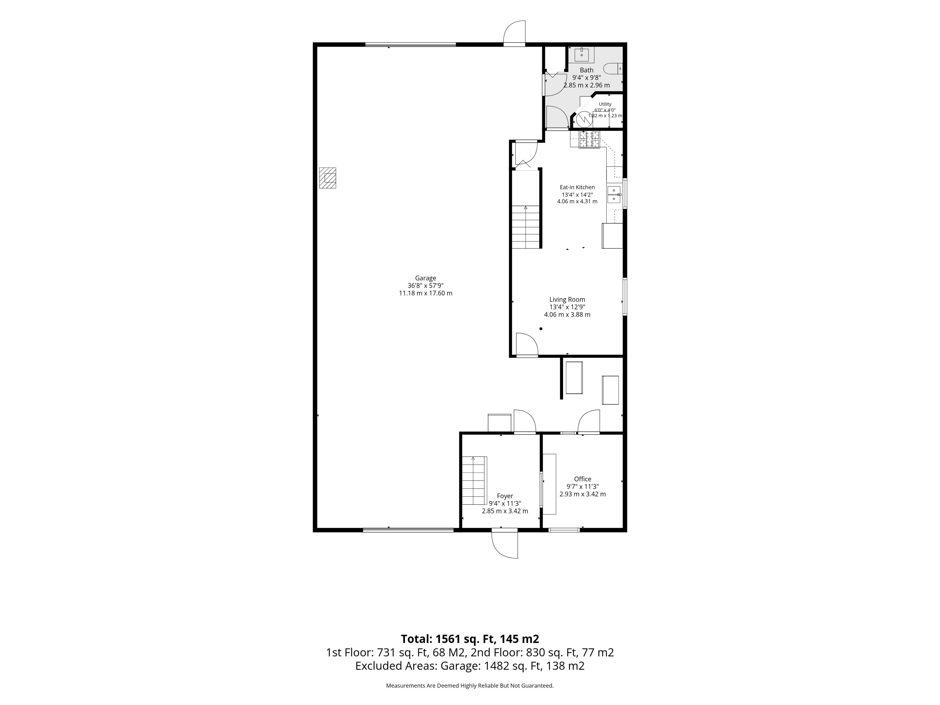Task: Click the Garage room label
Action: (425, 278)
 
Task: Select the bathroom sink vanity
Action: (581, 55)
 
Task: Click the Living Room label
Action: (567, 300)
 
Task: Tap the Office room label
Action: (583, 479)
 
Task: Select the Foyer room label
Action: (505, 496)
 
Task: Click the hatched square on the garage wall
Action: (328, 178)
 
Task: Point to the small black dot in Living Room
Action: (541, 329)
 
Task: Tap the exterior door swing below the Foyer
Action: (505, 545)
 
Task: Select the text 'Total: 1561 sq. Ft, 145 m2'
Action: (470, 639)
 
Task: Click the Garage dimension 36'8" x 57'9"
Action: (425, 286)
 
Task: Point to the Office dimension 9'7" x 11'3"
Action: (583, 487)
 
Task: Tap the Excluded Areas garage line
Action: (470, 666)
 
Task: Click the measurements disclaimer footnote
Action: (470, 685)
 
